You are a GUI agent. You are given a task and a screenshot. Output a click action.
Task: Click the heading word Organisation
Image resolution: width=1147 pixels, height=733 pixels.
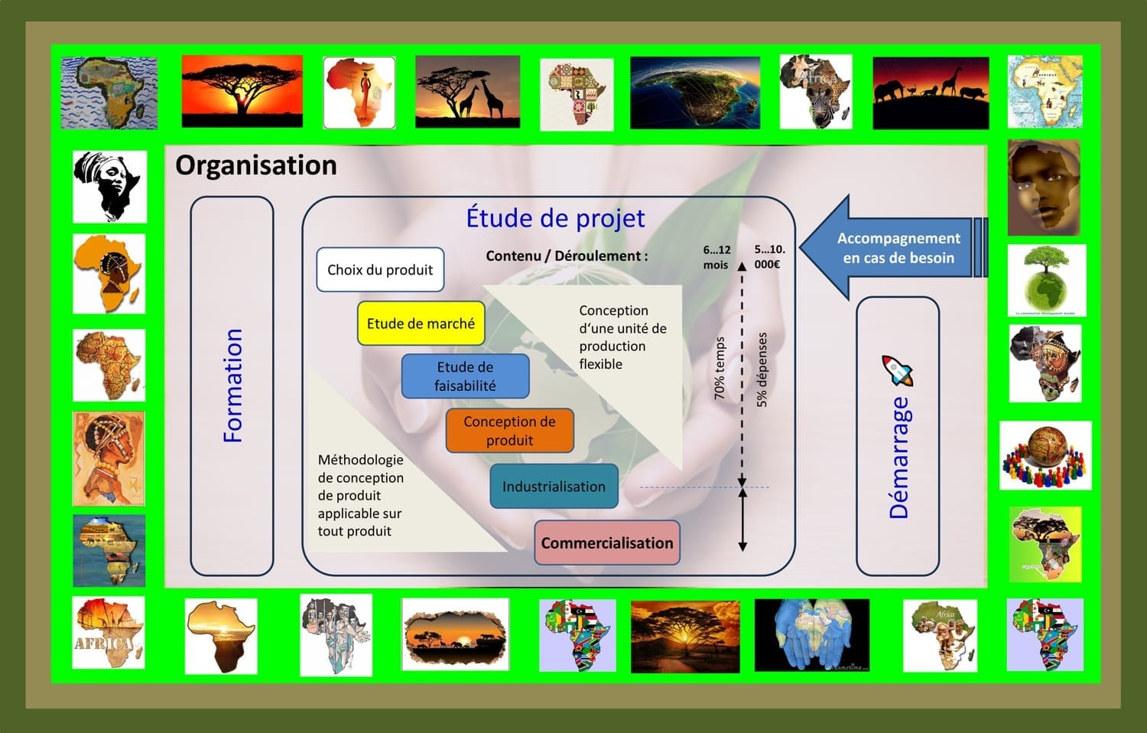[x=256, y=165]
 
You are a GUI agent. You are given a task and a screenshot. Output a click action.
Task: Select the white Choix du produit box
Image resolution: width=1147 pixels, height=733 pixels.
[x=380, y=269]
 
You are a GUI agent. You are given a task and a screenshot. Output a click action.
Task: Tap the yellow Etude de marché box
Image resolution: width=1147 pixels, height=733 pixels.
[x=421, y=323]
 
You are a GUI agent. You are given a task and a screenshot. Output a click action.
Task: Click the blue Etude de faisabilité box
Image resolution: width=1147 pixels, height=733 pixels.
[x=465, y=376]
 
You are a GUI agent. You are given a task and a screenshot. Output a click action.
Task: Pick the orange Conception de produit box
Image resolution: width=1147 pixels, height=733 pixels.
[x=509, y=430]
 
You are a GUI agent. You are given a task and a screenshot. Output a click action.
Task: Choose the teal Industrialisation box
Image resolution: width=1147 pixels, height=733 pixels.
[x=554, y=486]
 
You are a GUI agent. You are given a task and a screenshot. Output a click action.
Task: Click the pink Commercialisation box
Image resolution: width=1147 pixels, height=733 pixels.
[x=607, y=543]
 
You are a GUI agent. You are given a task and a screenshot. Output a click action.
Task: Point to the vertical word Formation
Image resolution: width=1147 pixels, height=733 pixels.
[x=233, y=386]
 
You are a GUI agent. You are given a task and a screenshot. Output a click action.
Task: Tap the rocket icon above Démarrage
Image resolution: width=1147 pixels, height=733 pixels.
[x=897, y=370]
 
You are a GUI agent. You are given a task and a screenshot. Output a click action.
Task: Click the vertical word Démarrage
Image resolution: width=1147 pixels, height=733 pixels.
[x=898, y=458]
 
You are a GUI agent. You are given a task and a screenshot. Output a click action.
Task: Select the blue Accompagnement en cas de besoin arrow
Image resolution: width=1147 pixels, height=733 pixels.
[x=893, y=247]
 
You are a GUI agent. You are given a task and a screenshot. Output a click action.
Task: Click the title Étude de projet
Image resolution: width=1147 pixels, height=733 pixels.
[x=555, y=218]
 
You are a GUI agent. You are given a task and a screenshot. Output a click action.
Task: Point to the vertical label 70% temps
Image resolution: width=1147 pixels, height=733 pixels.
[x=720, y=368]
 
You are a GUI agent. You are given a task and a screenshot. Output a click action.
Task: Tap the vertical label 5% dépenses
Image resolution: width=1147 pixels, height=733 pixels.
[x=762, y=370]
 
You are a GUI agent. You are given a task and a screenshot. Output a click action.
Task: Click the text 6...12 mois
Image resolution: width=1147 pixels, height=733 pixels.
[x=716, y=257]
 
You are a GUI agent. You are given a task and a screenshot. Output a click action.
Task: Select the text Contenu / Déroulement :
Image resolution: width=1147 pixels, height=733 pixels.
[x=567, y=256]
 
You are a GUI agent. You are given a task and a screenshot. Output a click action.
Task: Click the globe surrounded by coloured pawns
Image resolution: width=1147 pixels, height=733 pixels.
[x=1045, y=455]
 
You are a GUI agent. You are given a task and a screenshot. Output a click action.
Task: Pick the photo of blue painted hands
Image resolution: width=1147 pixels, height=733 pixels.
[x=812, y=635]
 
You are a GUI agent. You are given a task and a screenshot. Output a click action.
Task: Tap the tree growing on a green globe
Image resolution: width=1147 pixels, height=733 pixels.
[x=1047, y=280]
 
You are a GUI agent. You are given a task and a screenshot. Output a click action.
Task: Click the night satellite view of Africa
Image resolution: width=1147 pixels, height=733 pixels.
[x=695, y=93]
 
